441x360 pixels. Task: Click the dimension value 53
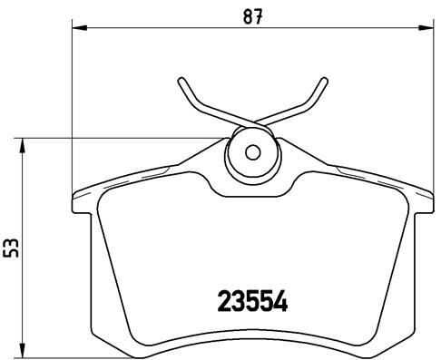pyautogui.click(x=13, y=248)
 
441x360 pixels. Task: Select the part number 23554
pyautogui.click(x=251, y=300)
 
